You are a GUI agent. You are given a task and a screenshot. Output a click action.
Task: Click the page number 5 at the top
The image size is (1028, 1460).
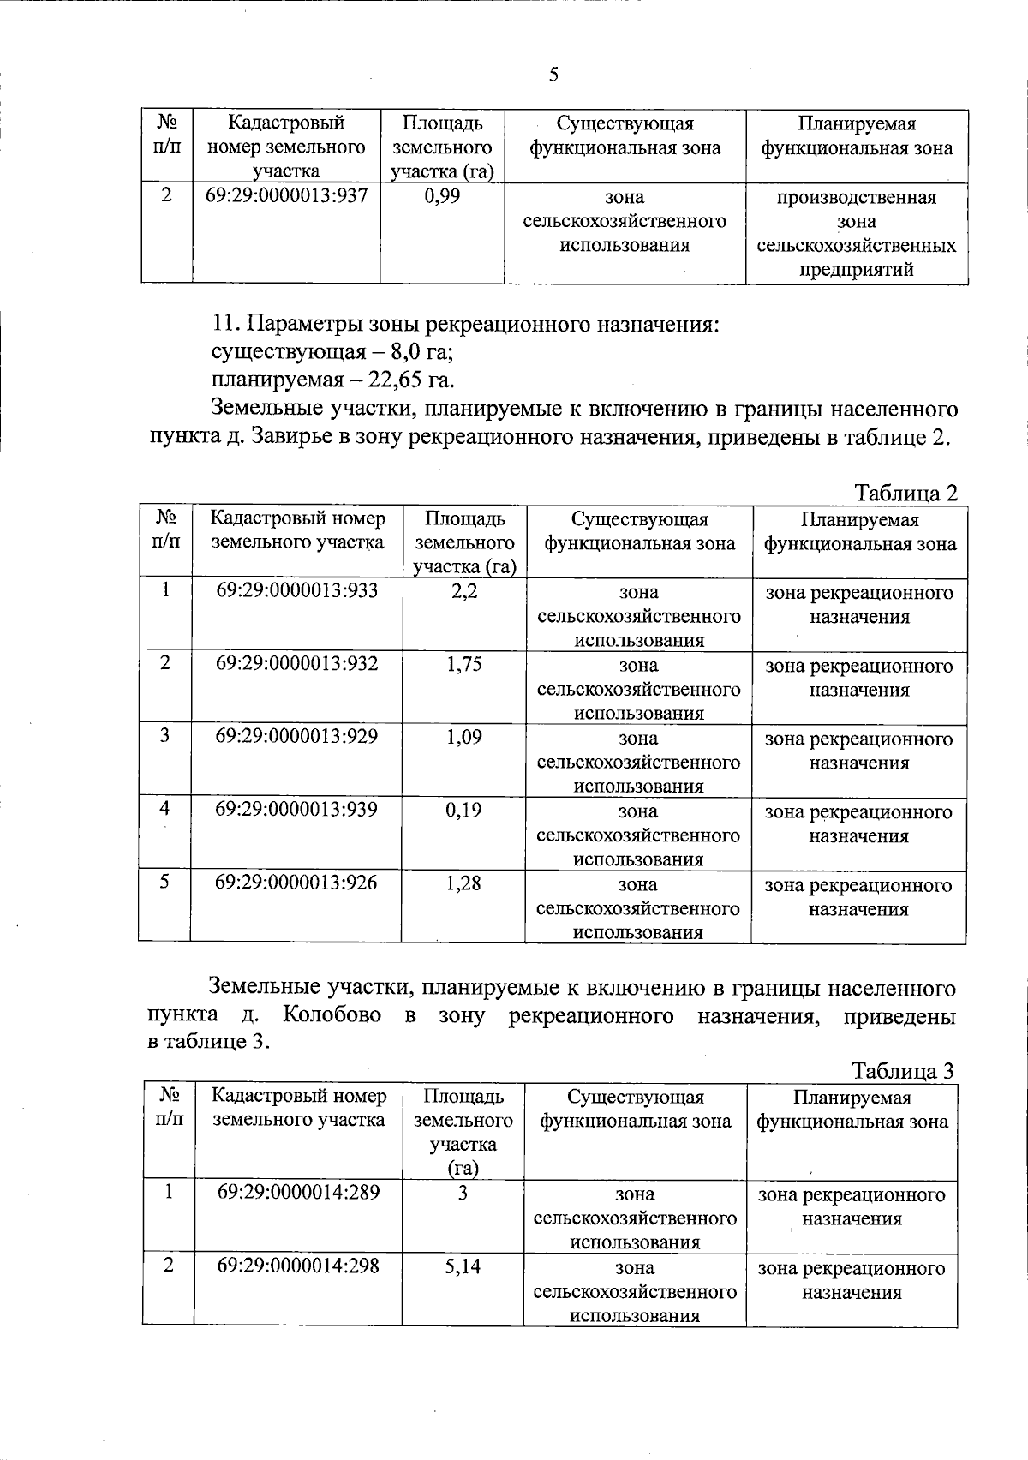tap(553, 75)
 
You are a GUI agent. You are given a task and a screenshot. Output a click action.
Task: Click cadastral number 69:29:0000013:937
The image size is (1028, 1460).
tap(287, 196)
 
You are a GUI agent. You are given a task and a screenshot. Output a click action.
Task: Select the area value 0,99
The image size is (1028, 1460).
tap(442, 196)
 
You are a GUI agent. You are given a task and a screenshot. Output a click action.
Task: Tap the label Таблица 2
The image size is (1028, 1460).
tap(905, 494)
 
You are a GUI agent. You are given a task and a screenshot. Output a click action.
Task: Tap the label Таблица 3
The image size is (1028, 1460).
tap(903, 1071)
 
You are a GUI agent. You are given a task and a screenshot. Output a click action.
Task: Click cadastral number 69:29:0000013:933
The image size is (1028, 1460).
tap(296, 590)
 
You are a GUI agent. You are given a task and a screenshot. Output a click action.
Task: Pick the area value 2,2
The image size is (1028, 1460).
tap(463, 591)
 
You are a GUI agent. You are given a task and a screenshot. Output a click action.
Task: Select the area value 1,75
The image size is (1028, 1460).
tap(463, 664)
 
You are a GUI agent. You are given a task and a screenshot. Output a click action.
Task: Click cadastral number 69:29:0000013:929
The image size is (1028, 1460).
tap(296, 737)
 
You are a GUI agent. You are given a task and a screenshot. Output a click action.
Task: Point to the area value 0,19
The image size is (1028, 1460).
tap(463, 810)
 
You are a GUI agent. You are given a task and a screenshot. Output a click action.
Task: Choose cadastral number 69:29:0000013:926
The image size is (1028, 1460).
tap(296, 883)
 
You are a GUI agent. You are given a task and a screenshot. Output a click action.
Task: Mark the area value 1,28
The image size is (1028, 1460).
tap(463, 883)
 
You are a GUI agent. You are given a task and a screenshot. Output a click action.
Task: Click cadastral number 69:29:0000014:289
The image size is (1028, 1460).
tap(298, 1193)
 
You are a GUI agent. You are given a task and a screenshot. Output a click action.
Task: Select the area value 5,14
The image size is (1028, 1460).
tap(463, 1266)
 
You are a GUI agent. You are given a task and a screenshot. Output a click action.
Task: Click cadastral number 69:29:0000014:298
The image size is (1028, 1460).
tap(298, 1266)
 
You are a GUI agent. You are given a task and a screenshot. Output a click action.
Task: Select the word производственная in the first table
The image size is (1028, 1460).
tap(857, 198)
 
